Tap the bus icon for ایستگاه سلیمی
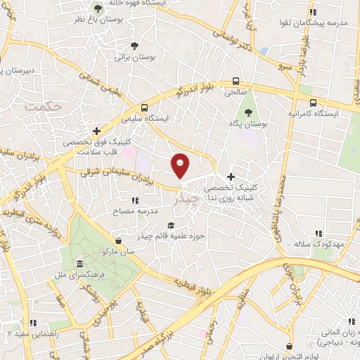pos(144,108)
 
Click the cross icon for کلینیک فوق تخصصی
pos(97,131)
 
